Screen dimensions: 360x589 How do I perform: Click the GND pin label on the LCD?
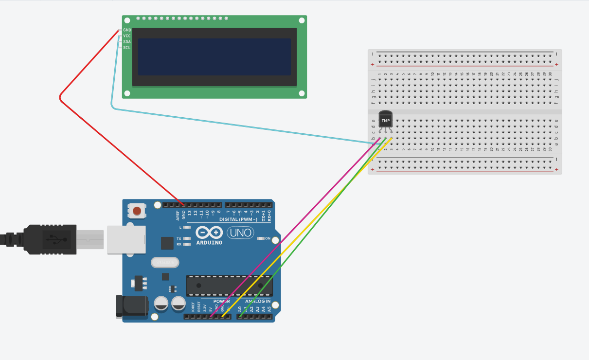point(127,30)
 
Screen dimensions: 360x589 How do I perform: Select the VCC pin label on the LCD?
point(126,36)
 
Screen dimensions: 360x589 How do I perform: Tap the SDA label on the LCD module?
point(126,42)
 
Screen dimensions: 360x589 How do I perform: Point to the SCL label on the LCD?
point(126,48)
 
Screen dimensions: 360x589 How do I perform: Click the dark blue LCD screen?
point(214,57)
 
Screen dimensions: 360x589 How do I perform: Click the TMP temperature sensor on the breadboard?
point(385,120)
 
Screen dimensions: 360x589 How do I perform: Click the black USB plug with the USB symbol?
point(51,239)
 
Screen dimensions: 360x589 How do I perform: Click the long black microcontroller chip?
point(229,286)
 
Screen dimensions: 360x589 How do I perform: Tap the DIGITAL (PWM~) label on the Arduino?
point(239,219)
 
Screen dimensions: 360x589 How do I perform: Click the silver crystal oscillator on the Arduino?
point(165,263)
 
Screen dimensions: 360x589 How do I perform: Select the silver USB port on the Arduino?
point(126,239)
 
